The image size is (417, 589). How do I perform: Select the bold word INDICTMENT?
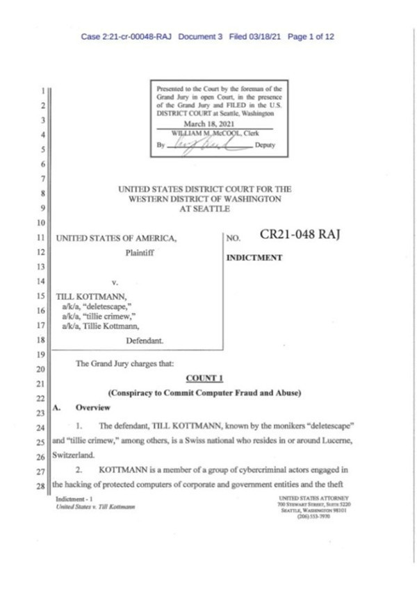pos(254,258)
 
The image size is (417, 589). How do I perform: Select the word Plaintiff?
pos(139,254)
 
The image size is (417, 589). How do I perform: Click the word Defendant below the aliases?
pos(145,341)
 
